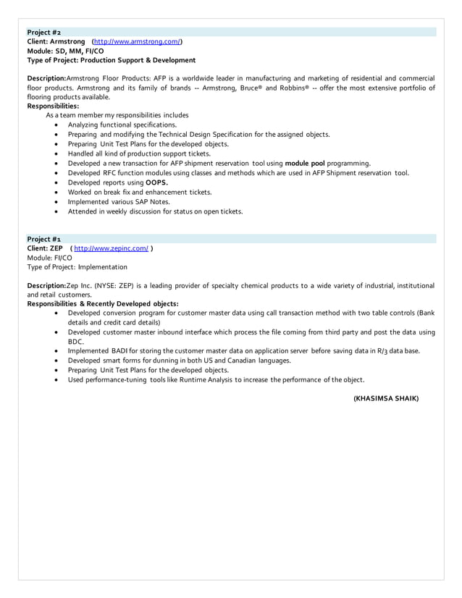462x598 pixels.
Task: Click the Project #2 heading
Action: coord(43,33)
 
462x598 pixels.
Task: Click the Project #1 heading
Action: coord(43,239)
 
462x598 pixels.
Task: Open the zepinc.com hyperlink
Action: coord(112,248)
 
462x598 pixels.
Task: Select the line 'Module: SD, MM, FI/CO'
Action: coord(65,51)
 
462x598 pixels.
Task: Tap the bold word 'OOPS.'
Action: coord(157,183)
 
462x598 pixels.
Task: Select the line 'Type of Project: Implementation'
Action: coord(77,267)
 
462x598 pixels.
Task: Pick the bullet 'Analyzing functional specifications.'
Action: coord(122,125)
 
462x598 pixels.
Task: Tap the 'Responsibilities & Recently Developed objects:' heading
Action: coord(102,304)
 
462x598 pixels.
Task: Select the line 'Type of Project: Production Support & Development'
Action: coord(111,60)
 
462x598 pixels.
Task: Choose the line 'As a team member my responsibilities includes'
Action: coord(117,115)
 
